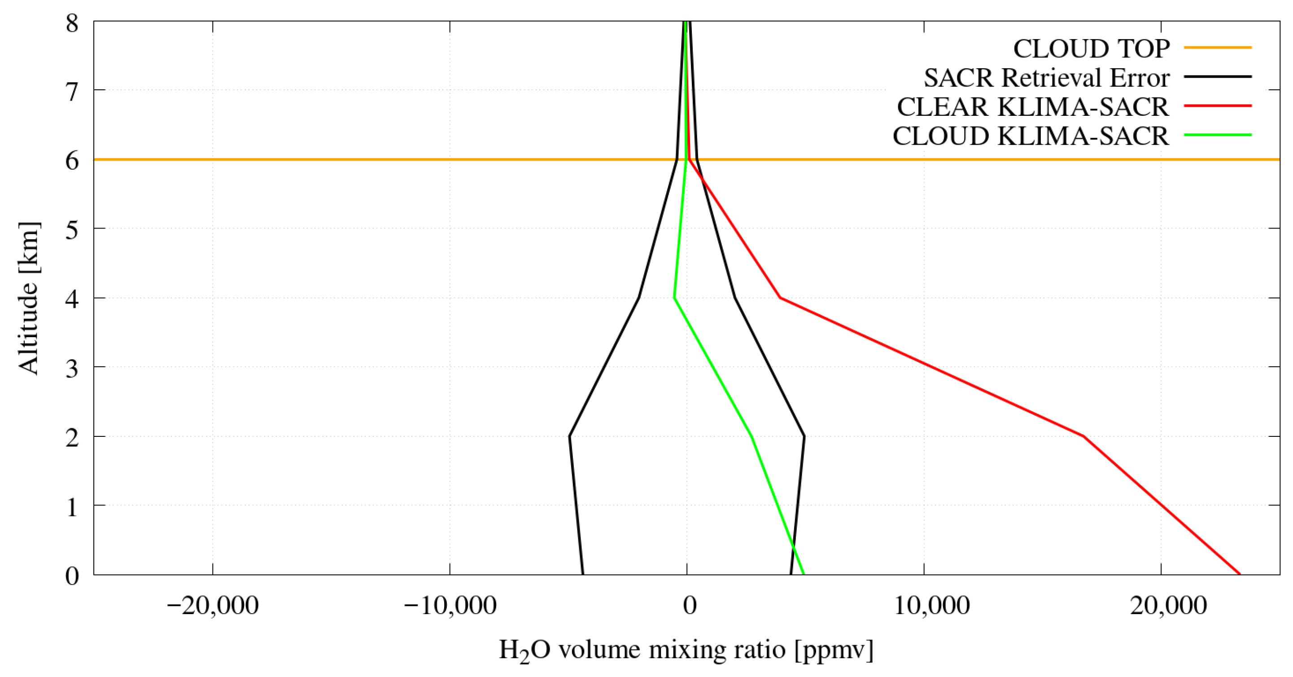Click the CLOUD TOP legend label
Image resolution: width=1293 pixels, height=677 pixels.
(1091, 49)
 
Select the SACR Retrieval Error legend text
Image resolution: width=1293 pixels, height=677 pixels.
(1047, 78)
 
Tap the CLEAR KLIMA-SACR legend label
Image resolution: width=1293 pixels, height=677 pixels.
(1033, 107)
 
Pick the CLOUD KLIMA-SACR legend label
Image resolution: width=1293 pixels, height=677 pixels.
(1031, 136)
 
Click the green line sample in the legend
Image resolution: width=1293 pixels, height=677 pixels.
(1218, 135)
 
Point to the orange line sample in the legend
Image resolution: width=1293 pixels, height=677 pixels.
(1218, 48)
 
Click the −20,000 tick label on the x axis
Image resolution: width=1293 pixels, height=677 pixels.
(212, 606)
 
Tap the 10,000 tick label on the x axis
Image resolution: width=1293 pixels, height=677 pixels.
(931, 606)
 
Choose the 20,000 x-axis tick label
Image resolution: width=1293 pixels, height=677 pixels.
(1168, 606)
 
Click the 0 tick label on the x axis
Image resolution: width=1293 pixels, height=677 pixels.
(690, 606)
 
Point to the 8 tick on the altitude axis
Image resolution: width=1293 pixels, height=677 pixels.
(72, 23)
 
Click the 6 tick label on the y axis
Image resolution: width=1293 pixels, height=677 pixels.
(72, 161)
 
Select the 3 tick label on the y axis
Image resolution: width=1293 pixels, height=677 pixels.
(72, 369)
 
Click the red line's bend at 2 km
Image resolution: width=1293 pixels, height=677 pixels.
(1083, 436)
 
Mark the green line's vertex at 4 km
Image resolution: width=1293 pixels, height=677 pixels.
(674, 299)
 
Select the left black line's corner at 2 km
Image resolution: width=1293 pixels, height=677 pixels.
(569, 436)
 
